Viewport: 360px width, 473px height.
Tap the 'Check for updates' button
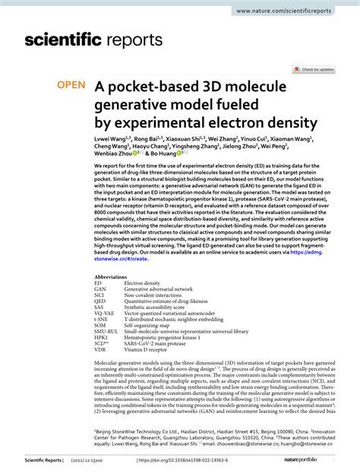coord(314,69)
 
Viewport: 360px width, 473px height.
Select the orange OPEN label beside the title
coord(72,87)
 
